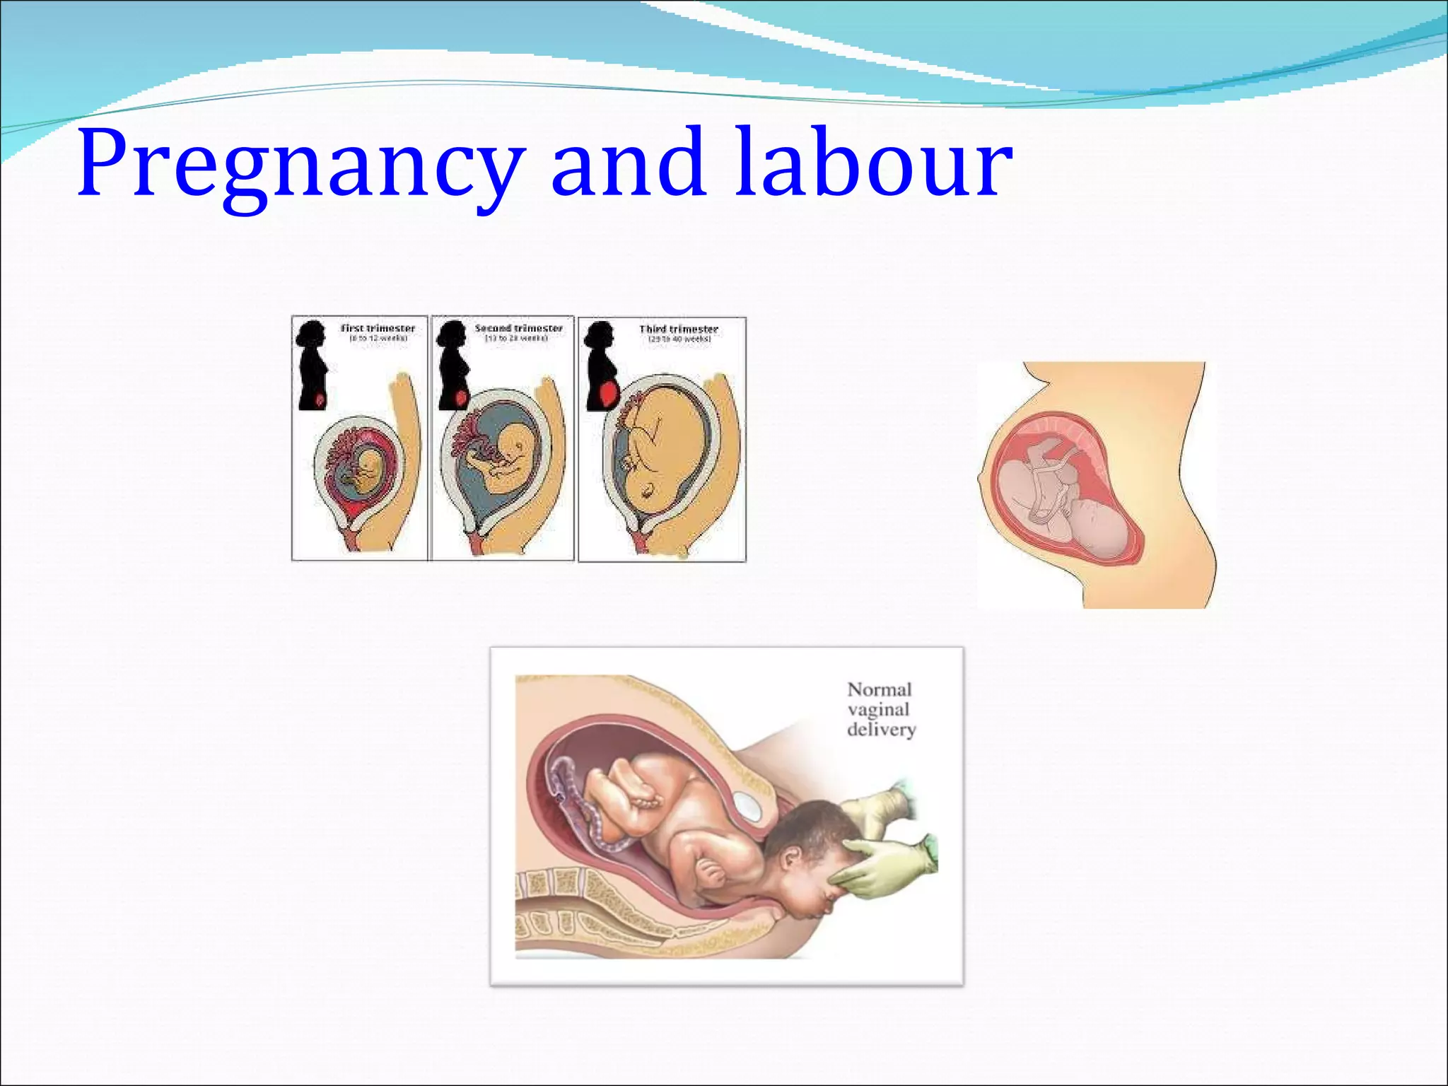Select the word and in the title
(x=629, y=163)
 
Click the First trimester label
(x=378, y=328)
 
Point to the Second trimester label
(x=518, y=328)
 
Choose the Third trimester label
(x=678, y=329)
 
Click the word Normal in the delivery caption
(x=880, y=689)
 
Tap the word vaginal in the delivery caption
(x=878, y=709)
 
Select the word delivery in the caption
(x=881, y=729)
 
